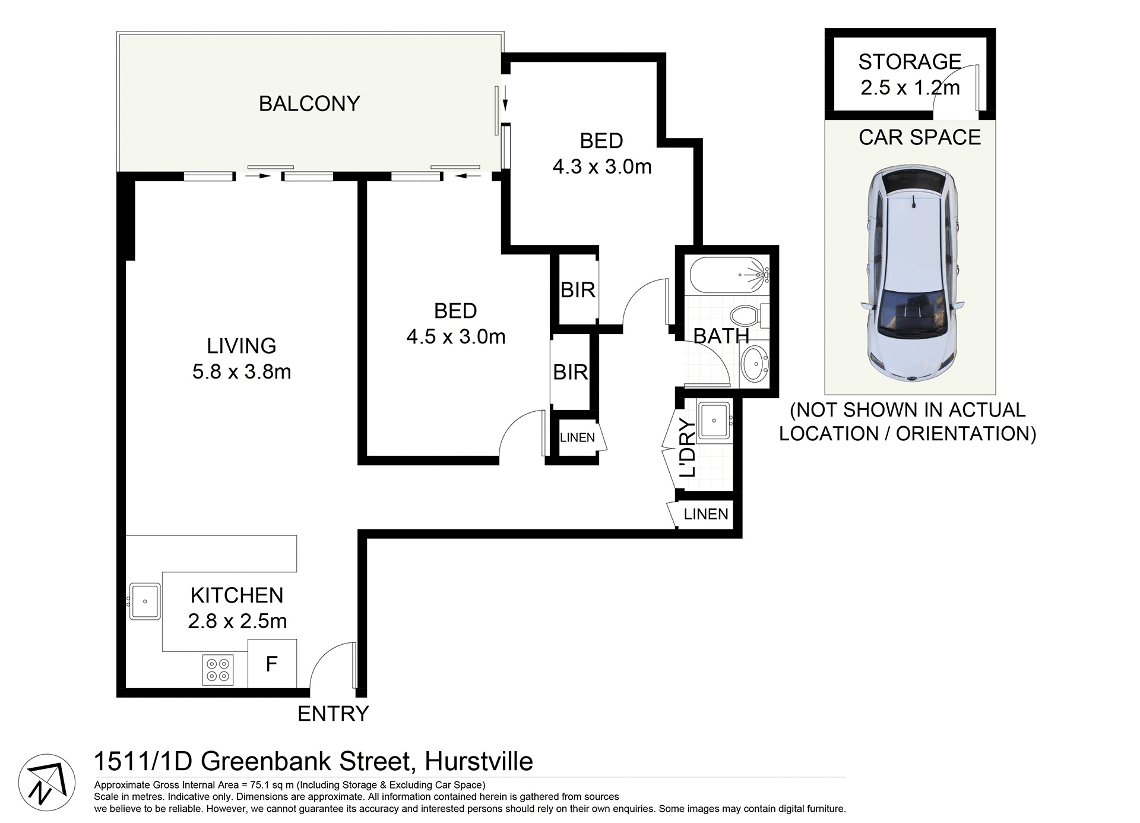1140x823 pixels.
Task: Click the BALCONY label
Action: pos(309,104)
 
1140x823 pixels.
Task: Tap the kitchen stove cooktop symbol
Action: pos(218,670)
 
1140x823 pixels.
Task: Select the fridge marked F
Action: pos(272,664)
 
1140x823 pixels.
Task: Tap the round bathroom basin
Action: pos(755,362)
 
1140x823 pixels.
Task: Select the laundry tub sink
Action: pos(714,421)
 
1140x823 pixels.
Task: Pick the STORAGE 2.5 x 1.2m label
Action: pos(910,74)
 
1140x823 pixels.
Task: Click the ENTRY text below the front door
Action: pos(333,714)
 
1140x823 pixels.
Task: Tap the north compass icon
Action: pos(46,783)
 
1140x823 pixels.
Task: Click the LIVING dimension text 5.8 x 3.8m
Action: pos(242,372)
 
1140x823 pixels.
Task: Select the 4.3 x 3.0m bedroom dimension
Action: pos(602,167)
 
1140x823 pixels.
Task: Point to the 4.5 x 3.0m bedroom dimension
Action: pos(456,337)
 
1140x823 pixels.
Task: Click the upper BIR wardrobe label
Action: pos(578,290)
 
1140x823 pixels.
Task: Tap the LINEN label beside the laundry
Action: pos(706,514)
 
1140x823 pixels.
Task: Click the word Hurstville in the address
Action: pos(479,761)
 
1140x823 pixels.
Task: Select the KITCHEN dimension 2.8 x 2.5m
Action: pos(237,621)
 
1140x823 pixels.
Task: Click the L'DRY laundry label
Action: pos(687,447)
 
